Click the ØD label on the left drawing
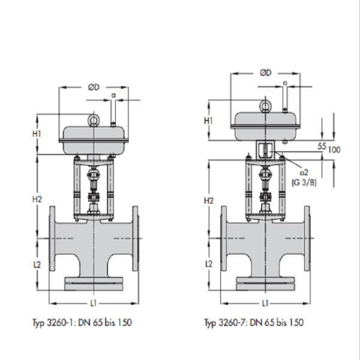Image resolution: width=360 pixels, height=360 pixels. [x=93, y=88]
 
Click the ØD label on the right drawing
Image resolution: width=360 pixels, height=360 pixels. [x=265, y=73]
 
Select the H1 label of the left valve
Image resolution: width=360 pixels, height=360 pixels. [x=37, y=134]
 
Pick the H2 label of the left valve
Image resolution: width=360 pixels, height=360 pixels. [x=37, y=199]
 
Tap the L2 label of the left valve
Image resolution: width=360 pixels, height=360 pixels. [x=37, y=265]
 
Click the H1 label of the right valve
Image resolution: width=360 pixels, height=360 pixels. [x=208, y=121]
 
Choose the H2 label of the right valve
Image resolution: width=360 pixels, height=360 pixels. [x=208, y=199]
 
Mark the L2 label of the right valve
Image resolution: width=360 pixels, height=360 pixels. [x=208, y=264]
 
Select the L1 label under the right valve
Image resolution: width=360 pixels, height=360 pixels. [x=265, y=303]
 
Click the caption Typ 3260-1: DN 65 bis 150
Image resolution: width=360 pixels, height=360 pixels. [x=82, y=323]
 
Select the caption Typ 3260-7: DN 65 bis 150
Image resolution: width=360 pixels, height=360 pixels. [x=253, y=323]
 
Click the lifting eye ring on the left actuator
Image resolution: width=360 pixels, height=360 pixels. [x=93, y=119]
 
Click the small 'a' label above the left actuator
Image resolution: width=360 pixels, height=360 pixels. [x=113, y=96]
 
